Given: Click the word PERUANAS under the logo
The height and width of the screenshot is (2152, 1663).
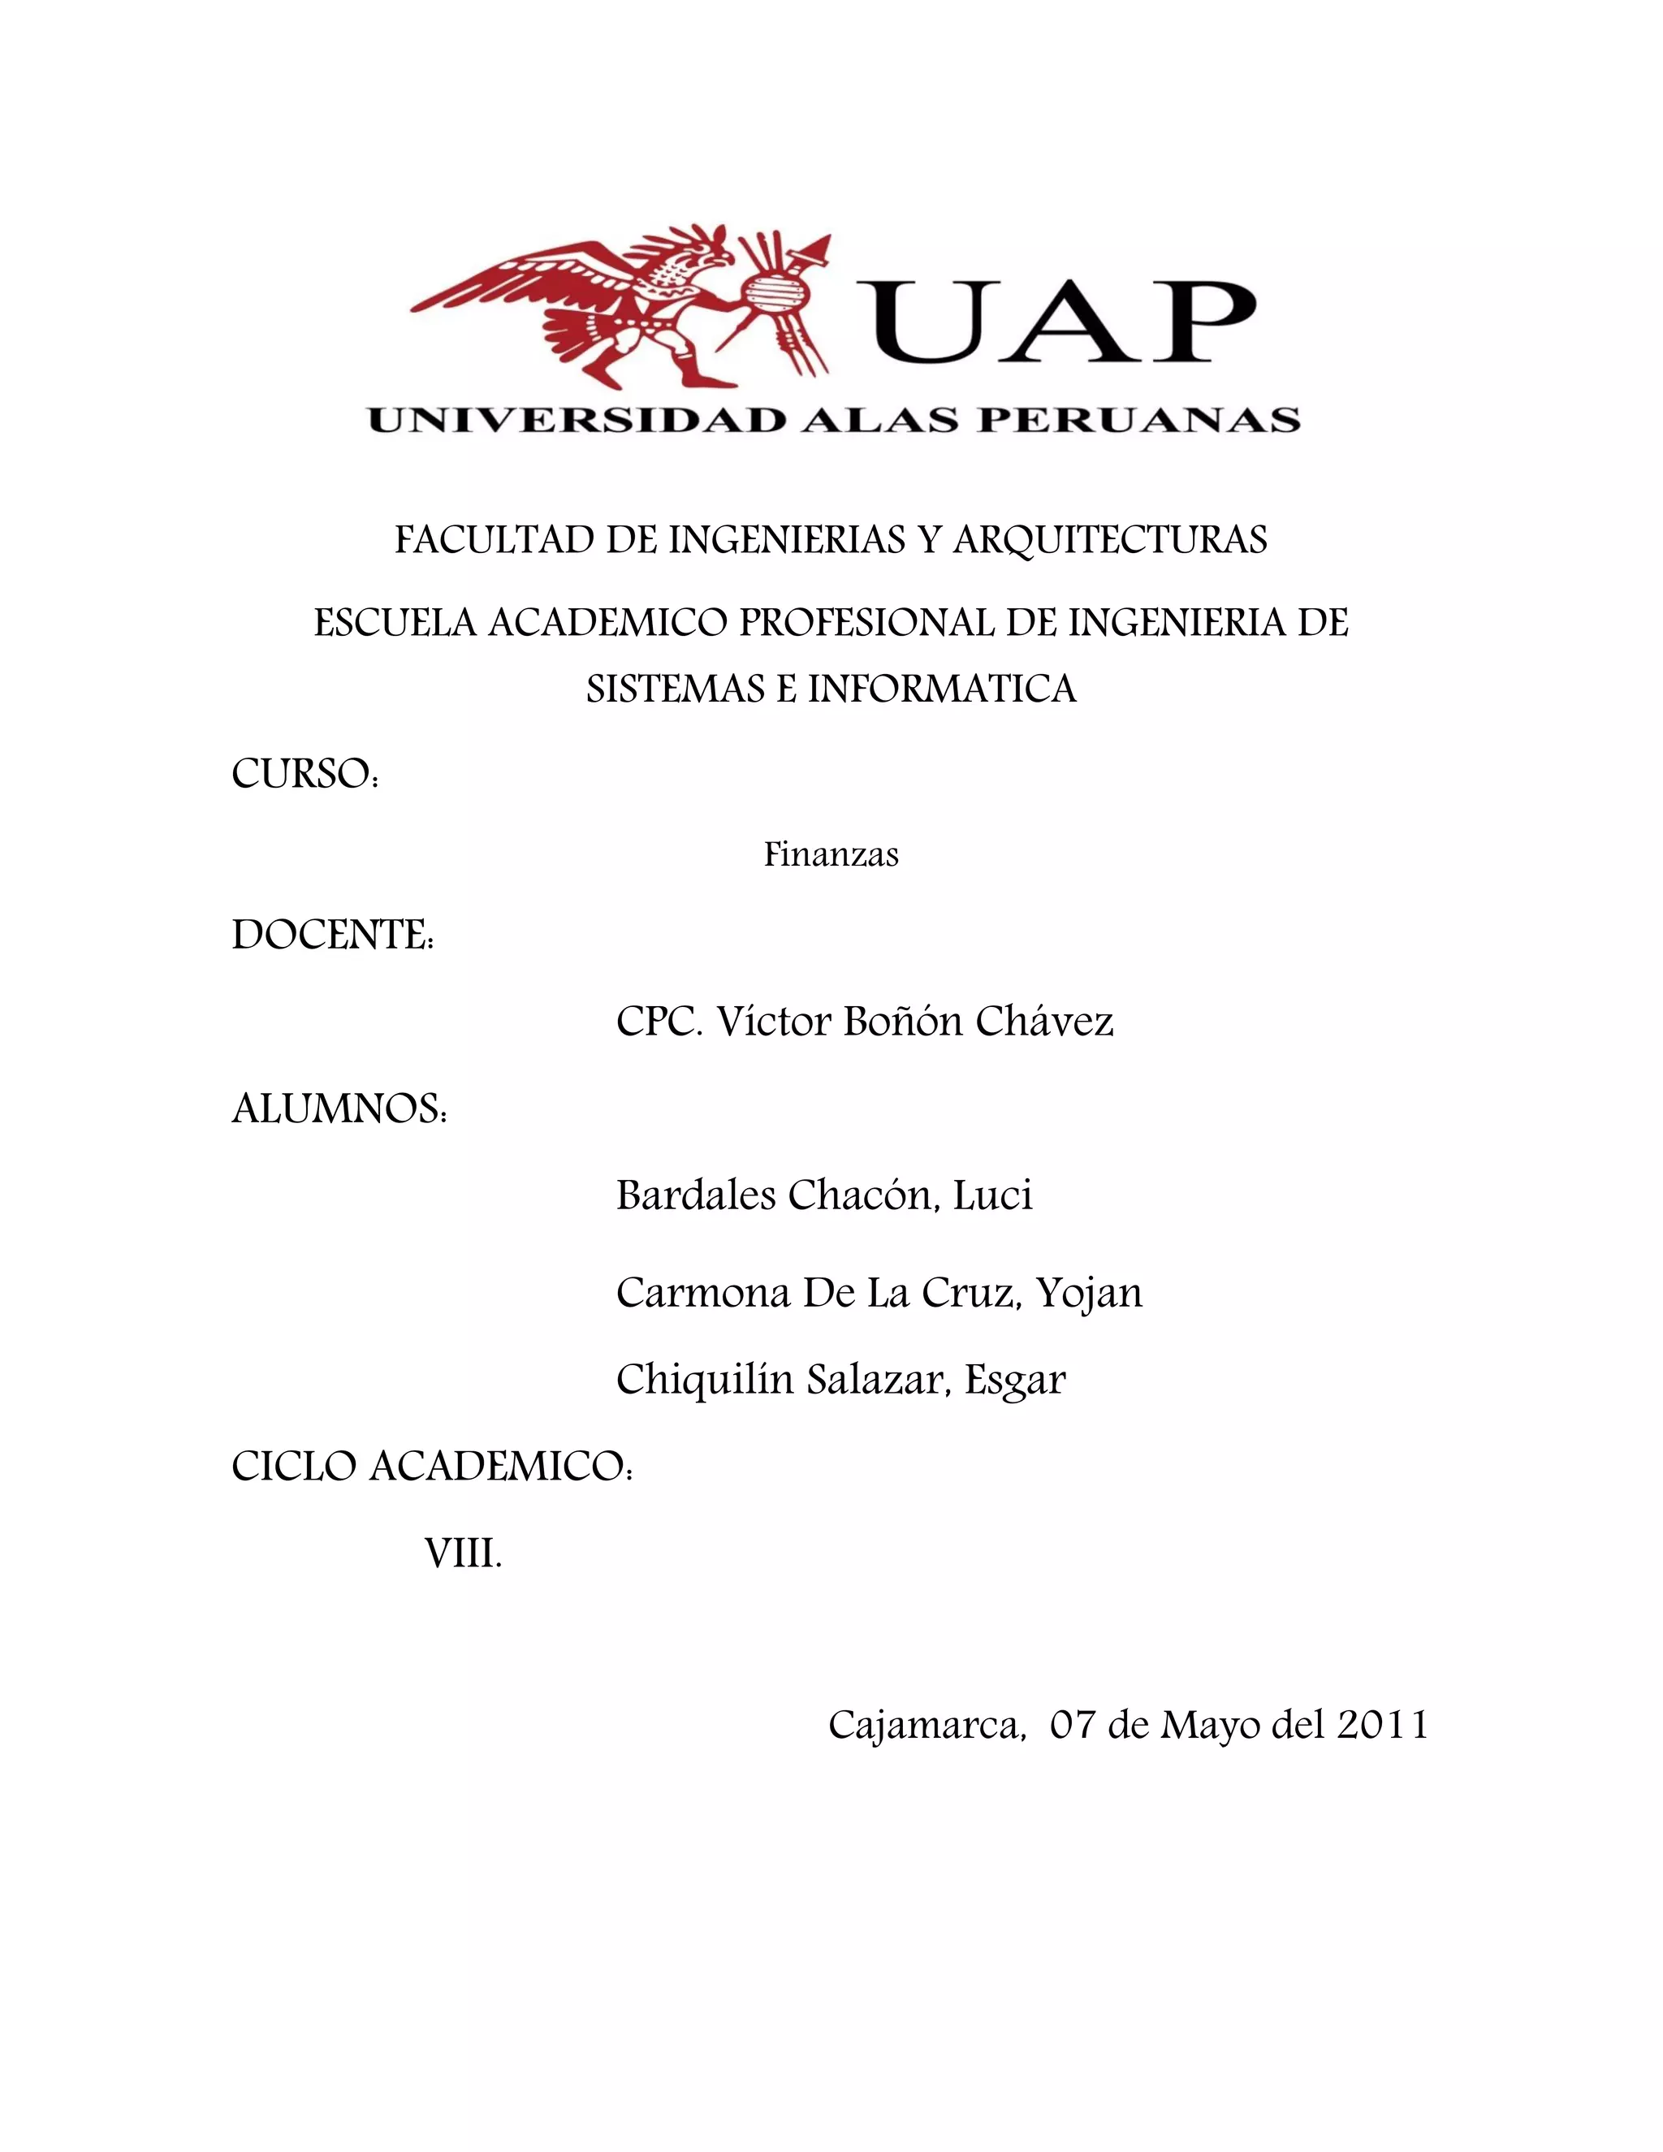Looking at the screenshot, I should point(1138,421).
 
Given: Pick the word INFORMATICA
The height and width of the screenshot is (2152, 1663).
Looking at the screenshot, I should point(942,688).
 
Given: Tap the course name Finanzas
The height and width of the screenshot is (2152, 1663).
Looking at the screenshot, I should point(831,854).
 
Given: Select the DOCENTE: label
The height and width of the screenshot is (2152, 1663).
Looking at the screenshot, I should point(333,934).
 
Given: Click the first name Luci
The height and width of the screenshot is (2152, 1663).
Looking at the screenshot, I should point(992,1195).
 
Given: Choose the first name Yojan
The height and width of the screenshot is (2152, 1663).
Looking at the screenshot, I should point(1090,1293).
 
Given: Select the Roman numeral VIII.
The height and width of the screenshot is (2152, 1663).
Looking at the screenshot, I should point(463,1554).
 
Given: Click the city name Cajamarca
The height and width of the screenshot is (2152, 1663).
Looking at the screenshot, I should point(924,1724).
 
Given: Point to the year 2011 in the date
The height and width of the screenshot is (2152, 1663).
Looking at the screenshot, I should point(1382,1724).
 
